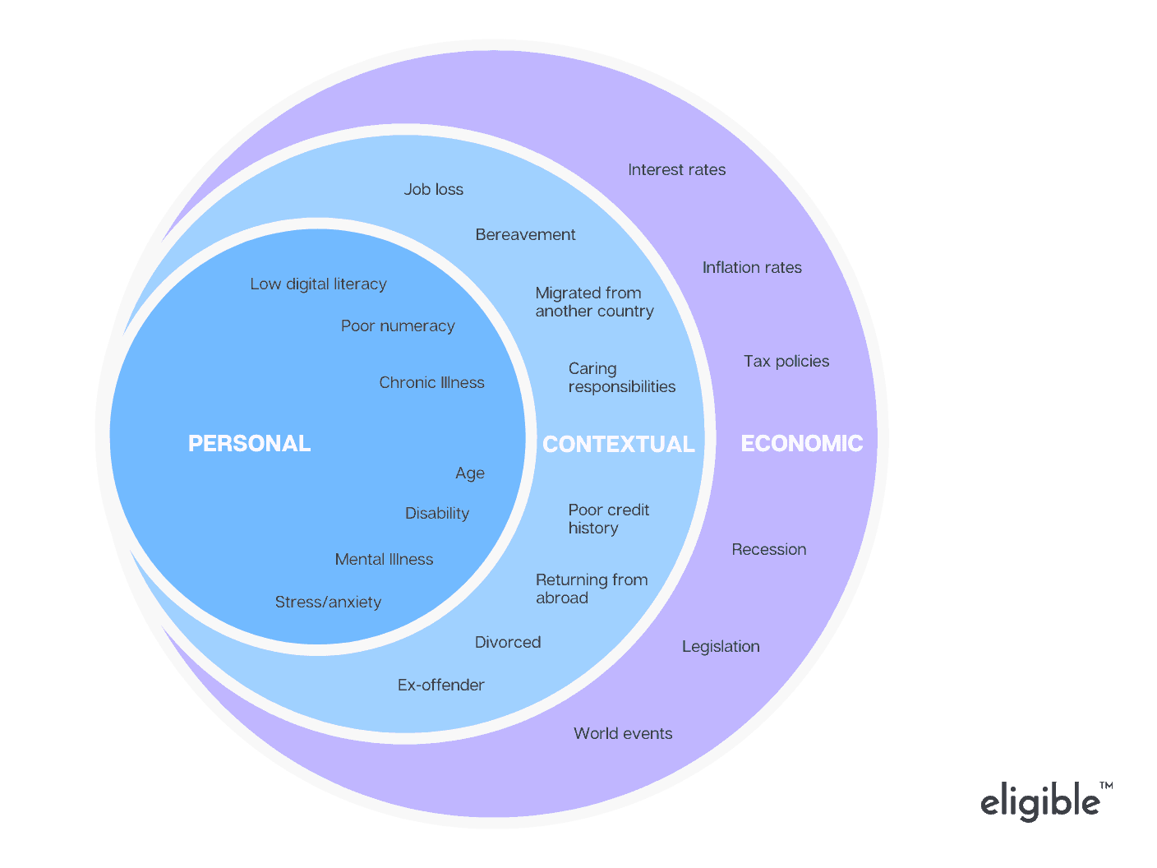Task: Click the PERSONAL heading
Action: [249, 444]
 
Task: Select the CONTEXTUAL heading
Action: [619, 445]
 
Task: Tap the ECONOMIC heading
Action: [801, 444]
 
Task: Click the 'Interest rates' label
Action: [676, 170]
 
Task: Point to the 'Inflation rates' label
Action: [752, 268]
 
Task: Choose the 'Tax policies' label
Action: [786, 362]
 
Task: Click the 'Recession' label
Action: [769, 550]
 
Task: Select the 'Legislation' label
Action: [721, 647]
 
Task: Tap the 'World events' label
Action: [623, 734]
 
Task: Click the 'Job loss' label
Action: [433, 190]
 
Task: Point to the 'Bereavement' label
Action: [525, 235]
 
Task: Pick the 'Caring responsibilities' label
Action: [621, 378]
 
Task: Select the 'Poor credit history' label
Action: [608, 519]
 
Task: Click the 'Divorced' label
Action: [508, 643]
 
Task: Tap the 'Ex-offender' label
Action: [440, 686]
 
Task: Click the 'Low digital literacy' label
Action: [318, 284]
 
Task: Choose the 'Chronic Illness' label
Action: [431, 383]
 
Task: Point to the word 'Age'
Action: [470, 473]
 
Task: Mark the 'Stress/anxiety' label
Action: [328, 603]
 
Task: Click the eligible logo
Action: [1041, 801]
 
